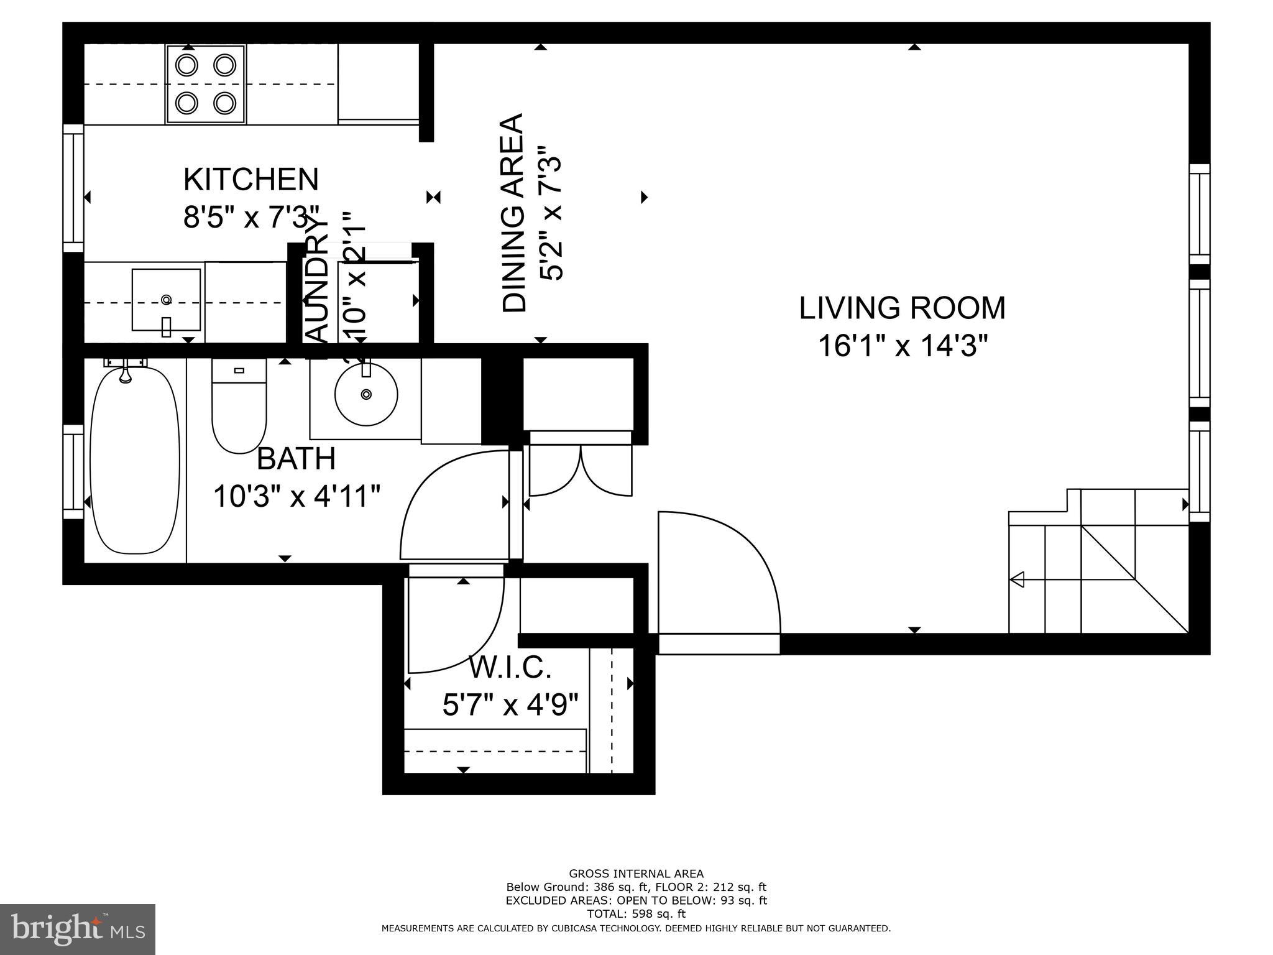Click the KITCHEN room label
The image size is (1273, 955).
click(250, 180)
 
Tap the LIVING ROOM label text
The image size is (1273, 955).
click(902, 308)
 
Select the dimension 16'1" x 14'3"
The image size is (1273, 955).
click(902, 346)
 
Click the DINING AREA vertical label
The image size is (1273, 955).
click(514, 213)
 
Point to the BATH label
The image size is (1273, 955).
click(296, 459)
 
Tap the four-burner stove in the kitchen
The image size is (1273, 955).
click(206, 84)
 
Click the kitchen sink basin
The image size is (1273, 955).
click(166, 300)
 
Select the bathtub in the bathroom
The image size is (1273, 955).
click(131, 460)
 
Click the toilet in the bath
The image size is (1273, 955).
click(239, 407)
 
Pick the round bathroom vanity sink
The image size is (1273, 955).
click(366, 394)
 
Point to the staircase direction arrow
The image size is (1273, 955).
click(1017, 580)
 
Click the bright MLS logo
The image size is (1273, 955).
click(78, 930)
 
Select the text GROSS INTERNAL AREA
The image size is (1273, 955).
click(636, 874)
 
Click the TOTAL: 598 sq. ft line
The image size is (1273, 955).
click(636, 914)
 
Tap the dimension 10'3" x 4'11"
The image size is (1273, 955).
click(296, 497)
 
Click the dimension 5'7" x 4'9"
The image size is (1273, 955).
click(510, 705)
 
